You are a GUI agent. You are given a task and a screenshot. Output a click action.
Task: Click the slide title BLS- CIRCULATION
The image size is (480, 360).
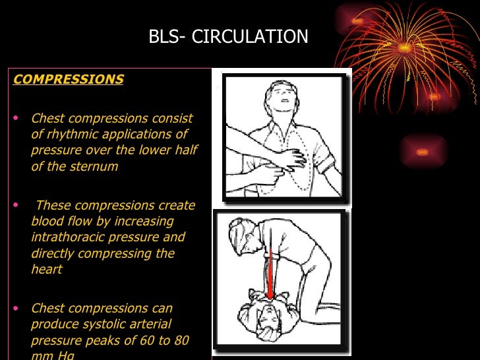click(228, 36)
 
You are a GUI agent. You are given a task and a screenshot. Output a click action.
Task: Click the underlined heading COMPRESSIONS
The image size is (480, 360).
click(69, 80)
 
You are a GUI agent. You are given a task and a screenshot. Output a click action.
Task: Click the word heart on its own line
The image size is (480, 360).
click(46, 269)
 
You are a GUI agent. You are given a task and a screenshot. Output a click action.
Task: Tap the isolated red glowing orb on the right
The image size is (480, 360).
click(423, 152)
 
